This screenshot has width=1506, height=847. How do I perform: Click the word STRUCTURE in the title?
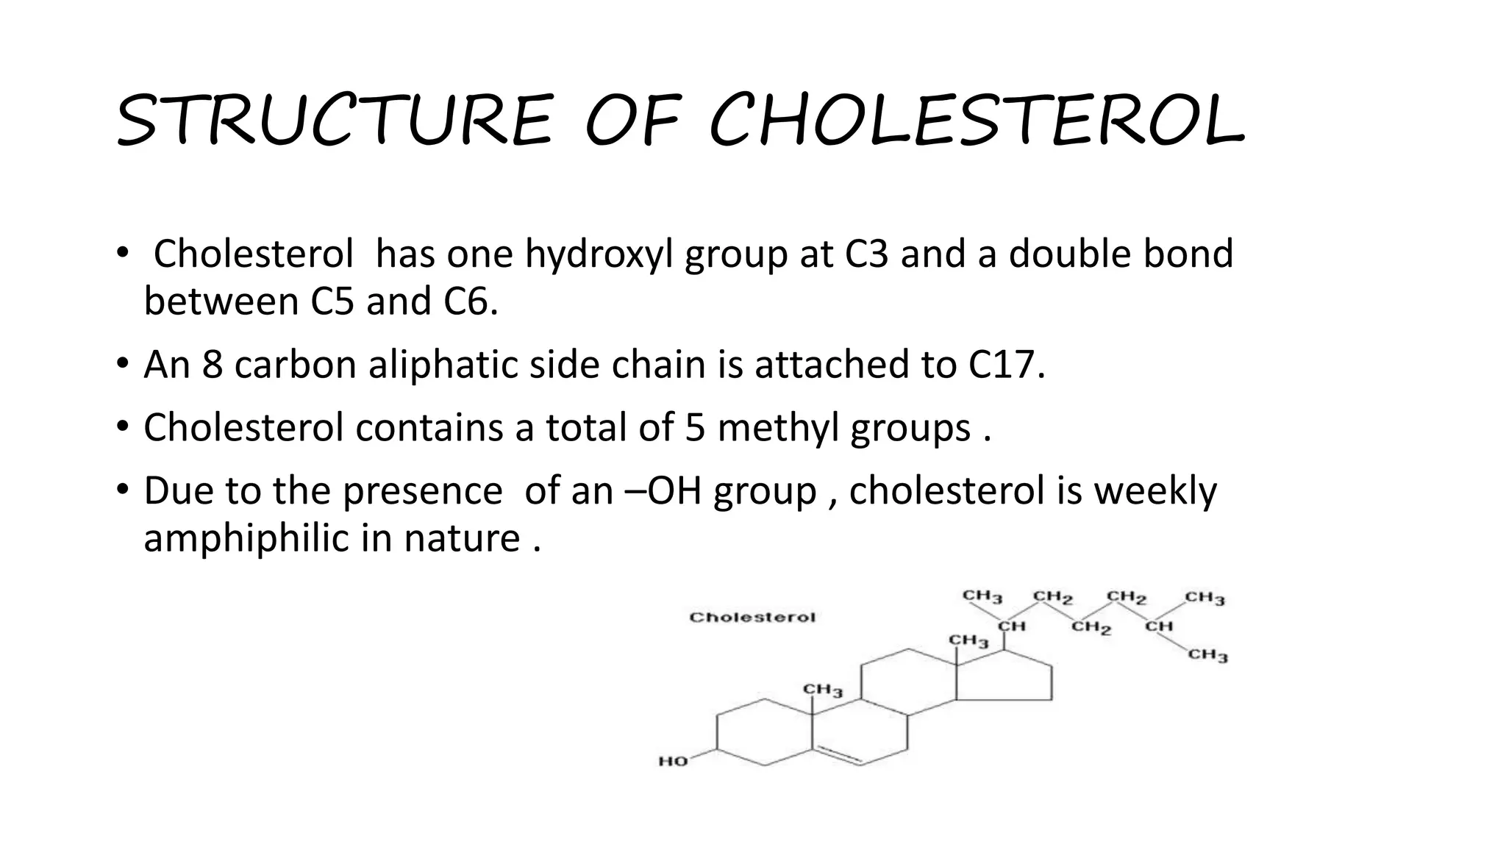pos(333,120)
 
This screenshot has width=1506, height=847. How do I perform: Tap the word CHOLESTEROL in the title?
pos(977,120)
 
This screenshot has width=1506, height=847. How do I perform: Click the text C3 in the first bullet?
pos(867,254)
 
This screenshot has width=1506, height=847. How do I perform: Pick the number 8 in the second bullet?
pos(213,365)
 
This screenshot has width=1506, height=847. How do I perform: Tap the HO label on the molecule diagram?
pos(673,761)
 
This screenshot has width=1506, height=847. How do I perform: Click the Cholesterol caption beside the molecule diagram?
pos(752,618)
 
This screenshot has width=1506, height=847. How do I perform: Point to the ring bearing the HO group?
pos(765,732)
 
